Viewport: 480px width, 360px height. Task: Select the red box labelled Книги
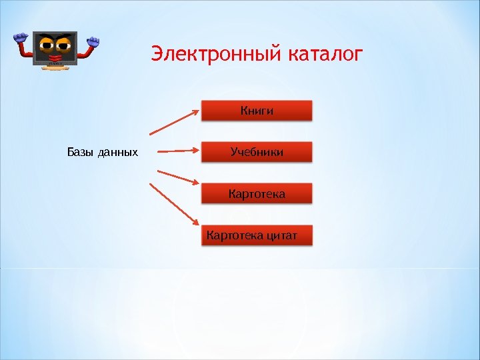[x=257, y=111]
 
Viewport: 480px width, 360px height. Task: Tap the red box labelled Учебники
[x=257, y=152]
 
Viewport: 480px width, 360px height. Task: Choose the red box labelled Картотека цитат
[x=257, y=235]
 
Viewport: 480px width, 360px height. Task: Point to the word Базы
[x=80, y=153]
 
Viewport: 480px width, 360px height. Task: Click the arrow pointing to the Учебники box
[x=175, y=151]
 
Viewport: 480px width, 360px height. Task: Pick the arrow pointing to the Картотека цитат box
[x=175, y=204]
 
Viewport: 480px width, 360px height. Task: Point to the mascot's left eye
[x=47, y=45]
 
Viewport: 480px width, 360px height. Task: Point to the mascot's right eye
[x=65, y=45]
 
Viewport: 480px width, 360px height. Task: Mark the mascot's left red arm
[x=25, y=50]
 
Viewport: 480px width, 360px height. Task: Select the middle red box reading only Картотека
[x=257, y=194]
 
